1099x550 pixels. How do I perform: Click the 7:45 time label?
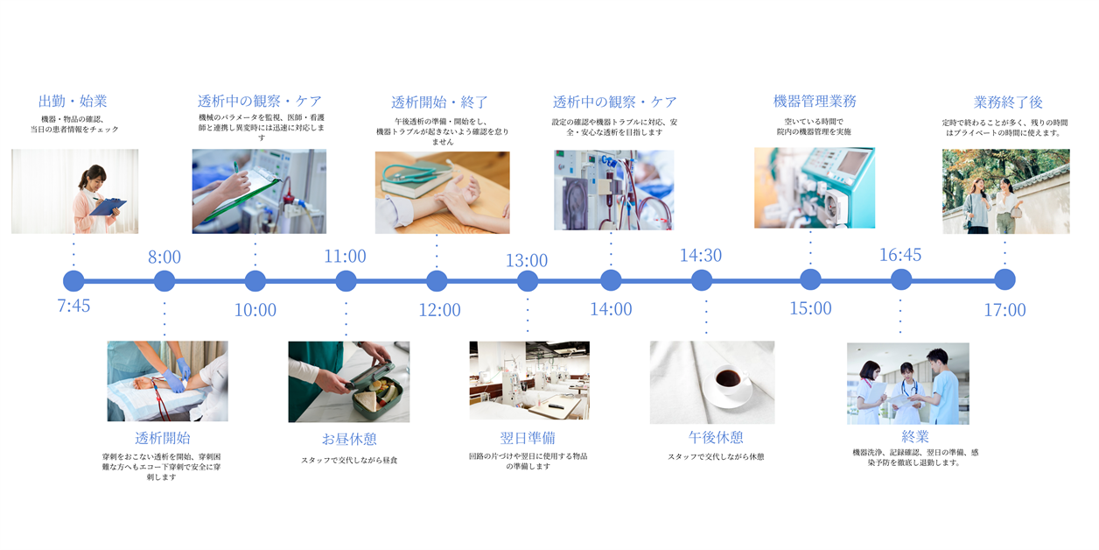point(73,306)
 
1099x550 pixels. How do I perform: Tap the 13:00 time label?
point(527,260)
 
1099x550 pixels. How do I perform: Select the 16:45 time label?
point(900,255)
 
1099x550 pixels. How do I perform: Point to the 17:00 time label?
point(1004,310)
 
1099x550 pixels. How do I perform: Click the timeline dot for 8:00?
point(164,281)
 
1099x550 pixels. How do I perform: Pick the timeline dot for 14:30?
point(702,280)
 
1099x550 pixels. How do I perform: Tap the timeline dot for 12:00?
point(437,281)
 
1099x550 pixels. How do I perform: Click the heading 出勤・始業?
point(73,102)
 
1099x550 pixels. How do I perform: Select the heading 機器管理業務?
point(815,102)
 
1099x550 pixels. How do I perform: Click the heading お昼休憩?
point(349,439)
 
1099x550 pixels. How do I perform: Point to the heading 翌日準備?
point(528,438)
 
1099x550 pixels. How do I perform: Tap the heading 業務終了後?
point(1008,102)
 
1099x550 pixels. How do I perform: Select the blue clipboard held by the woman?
point(108,207)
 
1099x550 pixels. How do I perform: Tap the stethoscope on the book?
point(412,173)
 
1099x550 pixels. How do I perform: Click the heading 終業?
point(915,436)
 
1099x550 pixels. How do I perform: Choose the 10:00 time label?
point(255,310)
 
